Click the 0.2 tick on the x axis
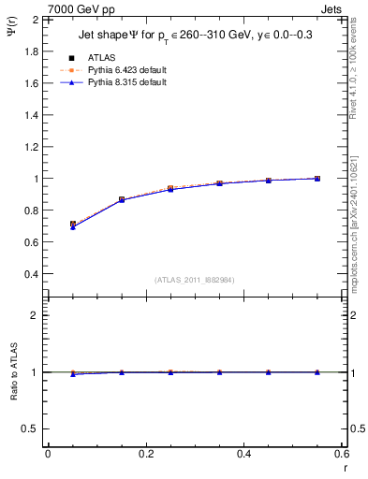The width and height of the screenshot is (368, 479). [x=145, y=455]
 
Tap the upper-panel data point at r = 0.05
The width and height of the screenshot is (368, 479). [x=73, y=225]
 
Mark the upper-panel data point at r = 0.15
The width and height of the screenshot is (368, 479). [x=122, y=199]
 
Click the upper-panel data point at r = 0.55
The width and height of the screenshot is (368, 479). [x=316, y=178]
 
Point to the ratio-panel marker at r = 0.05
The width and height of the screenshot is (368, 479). [x=73, y=373]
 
